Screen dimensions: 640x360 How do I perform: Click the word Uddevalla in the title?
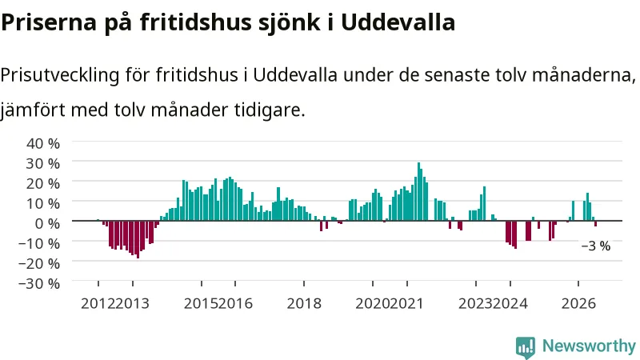(398, 22)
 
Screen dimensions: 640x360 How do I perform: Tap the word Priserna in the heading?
(49, 22)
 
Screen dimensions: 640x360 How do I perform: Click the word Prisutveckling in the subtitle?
(60, 75)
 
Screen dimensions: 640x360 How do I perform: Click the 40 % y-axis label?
(43, 143)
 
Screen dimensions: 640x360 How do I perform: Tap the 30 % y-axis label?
(43, 163)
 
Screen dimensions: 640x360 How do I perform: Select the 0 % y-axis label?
(47, 223)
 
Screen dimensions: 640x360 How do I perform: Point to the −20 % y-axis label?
(39, 263)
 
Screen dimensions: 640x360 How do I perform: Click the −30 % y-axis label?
(39, 283)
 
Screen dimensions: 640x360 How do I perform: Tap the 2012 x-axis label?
(98, 304)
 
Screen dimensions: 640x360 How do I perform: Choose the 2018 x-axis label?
(304, 304)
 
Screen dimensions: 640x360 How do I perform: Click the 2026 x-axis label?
(578, 304)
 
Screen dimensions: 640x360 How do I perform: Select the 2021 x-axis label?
(407, 304)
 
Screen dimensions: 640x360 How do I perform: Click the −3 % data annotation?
(596, 246)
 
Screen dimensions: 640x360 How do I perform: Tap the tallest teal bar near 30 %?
(418, 191)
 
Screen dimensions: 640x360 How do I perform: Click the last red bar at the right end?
(596, 224)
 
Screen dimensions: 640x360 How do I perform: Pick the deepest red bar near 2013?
(138, 239)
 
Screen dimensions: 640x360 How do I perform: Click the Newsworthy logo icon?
(526, 347)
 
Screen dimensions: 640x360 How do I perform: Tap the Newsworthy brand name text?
(589, 346)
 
